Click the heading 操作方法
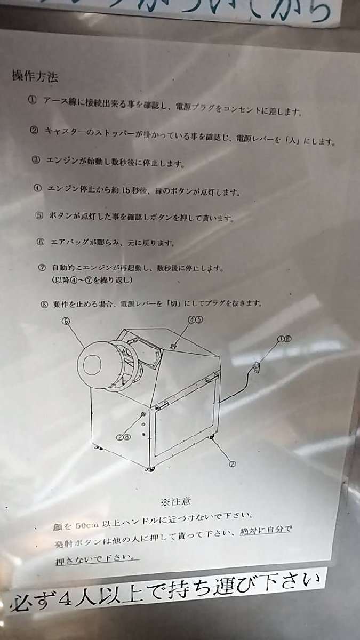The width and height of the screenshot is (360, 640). click(x=35, y=76)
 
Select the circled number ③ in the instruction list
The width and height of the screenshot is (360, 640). click(x=36, y=161)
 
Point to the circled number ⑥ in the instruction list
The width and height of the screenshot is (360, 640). click(x=41, y=241)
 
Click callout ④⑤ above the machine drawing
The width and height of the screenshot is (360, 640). click(x=194, y=320)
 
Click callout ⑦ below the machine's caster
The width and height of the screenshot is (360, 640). click(x=232, y=463)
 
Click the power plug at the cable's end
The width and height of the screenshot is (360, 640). click(x=256, y=367)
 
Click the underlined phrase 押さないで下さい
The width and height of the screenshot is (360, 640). click(x=96, y=560)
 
